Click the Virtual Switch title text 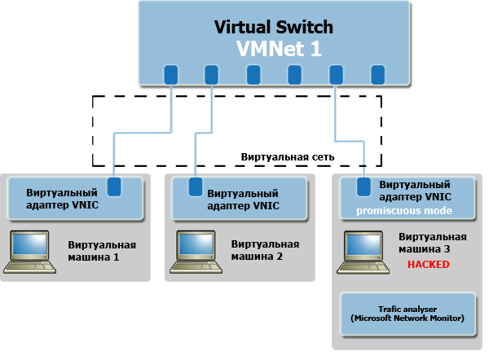coord(273,27)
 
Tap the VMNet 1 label coord(279,49)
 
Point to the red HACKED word coord(429,265)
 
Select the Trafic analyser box coord(407,314)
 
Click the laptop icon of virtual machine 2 coord(197,249)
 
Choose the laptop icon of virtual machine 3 coord(363,249)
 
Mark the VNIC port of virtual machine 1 coord(115,186)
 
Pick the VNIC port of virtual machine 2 coord(196,187)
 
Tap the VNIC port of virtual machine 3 coord(363,187)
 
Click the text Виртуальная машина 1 coord(102,250)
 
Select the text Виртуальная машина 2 coord(265,250)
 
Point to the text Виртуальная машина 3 coord(432,243)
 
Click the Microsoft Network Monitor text coord(407,318)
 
